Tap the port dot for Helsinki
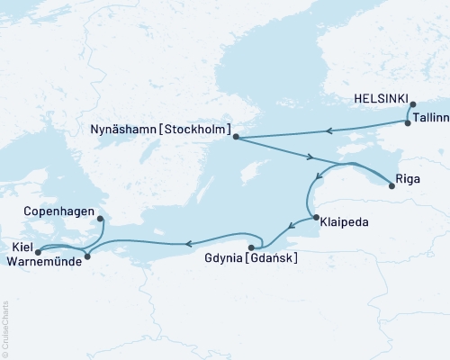(x=412, y=105)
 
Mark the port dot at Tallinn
(x=408, y=123)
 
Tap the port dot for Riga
(x=391, y=186)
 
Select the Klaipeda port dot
(x=313, y=218)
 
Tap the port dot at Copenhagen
(x=99, y=218)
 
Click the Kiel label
(x=21, y=246)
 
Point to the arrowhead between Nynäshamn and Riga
(x=311, y=157)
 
